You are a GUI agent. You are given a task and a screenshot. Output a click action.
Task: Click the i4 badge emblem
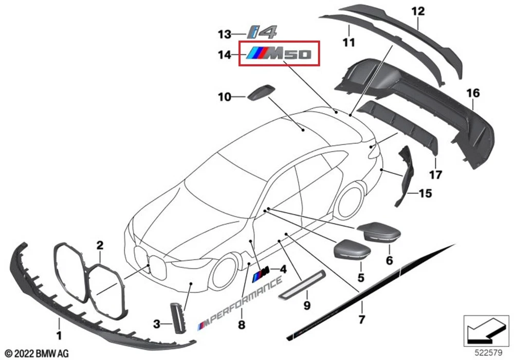[x=262, y=32]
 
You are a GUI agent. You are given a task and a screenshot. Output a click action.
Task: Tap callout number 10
[x=224, y=96]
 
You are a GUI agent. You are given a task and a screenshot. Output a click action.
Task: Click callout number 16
[x=473, y=94]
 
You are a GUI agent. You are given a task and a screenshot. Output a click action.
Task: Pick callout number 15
[x=425, y=194]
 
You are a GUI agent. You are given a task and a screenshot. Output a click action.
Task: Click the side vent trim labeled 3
[x=177, y=317]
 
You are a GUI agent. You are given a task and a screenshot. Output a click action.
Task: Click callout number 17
[x=435, y=175]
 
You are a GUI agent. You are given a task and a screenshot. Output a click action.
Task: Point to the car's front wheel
[x=225, y=267]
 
